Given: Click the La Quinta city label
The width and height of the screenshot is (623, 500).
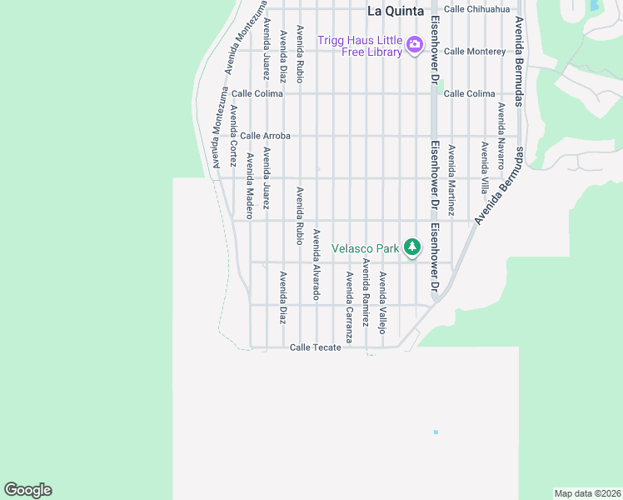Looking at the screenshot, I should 396,12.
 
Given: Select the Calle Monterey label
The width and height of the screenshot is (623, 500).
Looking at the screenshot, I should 475,52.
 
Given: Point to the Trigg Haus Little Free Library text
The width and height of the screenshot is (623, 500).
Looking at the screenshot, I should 360,45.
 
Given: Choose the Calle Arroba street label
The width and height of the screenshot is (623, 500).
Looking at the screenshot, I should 265,136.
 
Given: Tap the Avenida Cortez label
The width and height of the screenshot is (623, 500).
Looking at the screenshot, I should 234,134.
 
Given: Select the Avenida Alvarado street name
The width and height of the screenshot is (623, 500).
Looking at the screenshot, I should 316,265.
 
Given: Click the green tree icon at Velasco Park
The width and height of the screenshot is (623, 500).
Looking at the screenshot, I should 411,247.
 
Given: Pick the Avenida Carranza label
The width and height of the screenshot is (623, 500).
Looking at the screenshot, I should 350,307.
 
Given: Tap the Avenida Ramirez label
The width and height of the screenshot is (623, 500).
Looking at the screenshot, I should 366,292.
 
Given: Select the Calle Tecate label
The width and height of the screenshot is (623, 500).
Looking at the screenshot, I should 316,347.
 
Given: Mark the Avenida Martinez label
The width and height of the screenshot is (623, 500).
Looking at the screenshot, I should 452,181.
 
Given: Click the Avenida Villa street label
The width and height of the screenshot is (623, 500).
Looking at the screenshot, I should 484,167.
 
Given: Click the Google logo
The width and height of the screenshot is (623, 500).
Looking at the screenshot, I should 27,490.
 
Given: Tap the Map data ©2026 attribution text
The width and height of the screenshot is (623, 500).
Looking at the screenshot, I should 587,493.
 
